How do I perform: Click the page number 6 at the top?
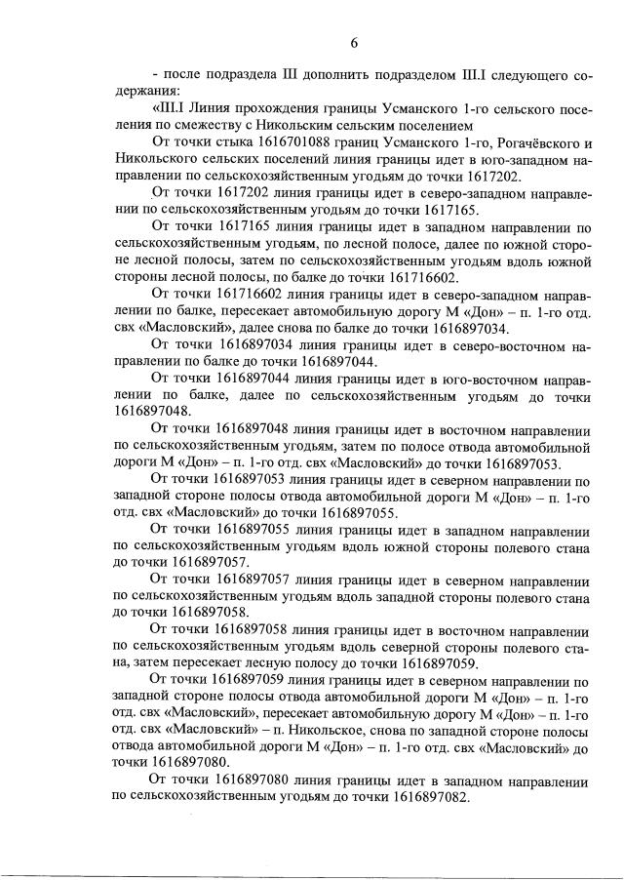pyautogui.click(x=355, y=41)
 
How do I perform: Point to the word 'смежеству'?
pyautogui.click(x=198, y=125)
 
